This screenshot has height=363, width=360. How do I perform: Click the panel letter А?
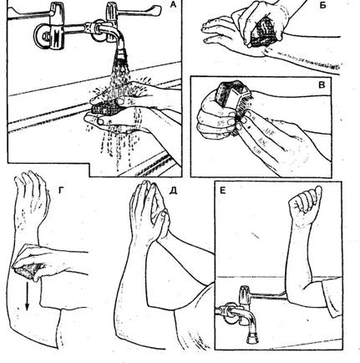coord(174,4)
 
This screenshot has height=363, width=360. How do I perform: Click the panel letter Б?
coord(323,5)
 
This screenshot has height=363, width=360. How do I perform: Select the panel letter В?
coord(322,84)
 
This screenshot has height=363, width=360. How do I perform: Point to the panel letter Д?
coord(173,191)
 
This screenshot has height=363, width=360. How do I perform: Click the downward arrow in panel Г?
coord(27,295)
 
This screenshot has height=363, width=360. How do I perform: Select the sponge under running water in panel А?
coord(107,107)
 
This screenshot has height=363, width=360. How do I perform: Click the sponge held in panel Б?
coord(266,32)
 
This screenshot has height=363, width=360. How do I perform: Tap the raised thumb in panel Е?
coord(317,194)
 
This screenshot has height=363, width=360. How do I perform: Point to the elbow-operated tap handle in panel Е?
coord(265,296)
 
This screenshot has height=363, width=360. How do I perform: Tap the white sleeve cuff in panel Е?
coord(332,299)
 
